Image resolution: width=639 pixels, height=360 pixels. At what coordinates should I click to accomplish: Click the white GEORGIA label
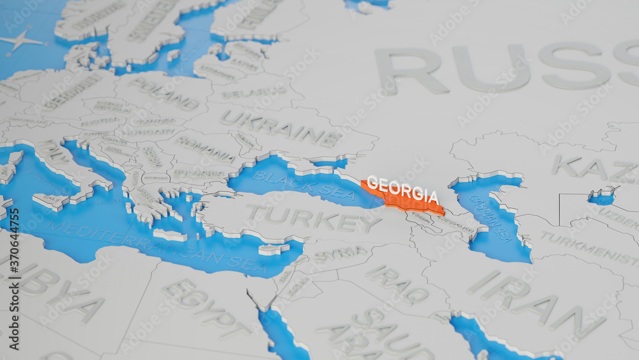[403, 189]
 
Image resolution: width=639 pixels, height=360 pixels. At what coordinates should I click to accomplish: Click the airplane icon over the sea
[22, 40]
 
